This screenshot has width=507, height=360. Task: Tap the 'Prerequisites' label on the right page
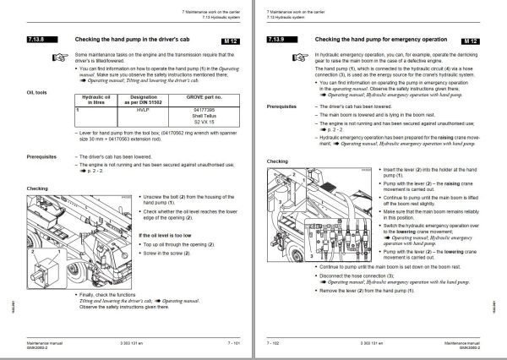pyautogui.click(x=286, y=107)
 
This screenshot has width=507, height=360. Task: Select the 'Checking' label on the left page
pyautogui.click(x=38, y=188)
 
